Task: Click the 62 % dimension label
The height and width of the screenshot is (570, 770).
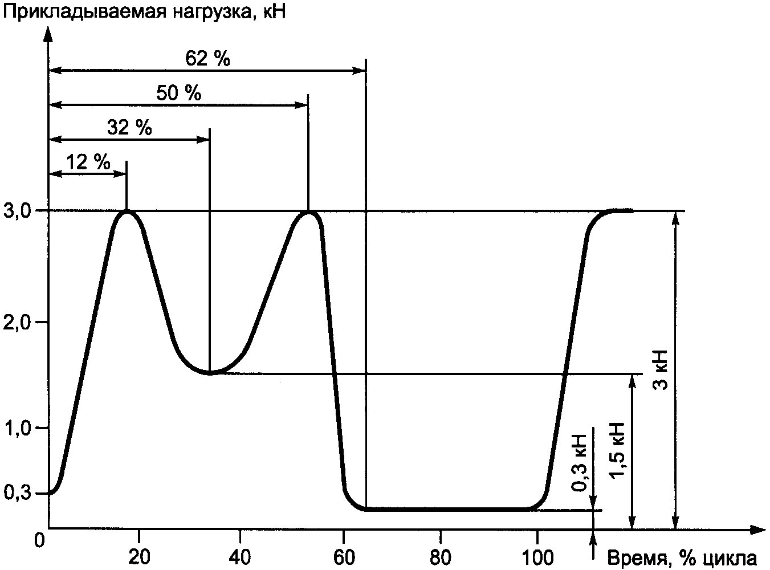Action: click(x=207, y=58)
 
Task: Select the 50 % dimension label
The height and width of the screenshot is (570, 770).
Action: click(x=178, y=93)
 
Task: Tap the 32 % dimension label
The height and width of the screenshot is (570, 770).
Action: click(x=129, y=128)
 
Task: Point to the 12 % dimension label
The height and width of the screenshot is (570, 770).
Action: click(x=88, y=162)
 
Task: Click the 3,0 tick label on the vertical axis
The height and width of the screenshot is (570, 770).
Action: click(x=18, y=211)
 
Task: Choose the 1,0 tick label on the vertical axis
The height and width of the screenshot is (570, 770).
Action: click(x=18, y=429)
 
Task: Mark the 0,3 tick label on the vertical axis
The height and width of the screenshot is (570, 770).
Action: click(x=18, y=493)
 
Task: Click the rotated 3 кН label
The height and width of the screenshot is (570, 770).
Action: click(x=660, y=370)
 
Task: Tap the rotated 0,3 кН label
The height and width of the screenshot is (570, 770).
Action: click(x=578, y=463)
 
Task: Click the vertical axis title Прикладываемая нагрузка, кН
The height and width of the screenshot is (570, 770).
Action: click(x=144, y=13)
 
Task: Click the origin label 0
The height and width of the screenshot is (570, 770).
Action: click(x=39, y=541)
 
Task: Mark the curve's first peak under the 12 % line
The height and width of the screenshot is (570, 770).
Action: click(x=127, y=211)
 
